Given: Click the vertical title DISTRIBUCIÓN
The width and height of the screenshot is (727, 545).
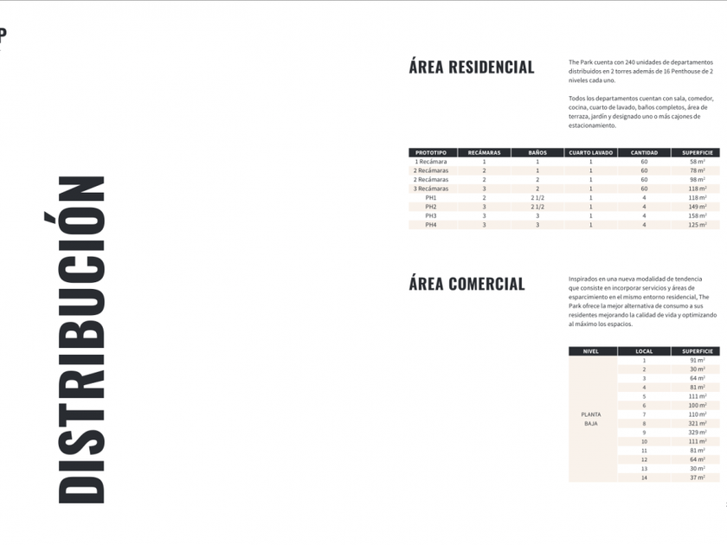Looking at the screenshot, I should click(81, 339).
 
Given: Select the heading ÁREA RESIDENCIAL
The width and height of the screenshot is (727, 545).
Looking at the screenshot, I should click(472, 67).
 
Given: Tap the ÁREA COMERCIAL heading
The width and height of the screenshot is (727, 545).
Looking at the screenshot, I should click(466, 284).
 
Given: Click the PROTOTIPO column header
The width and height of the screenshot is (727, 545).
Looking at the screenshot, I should click(431, 152).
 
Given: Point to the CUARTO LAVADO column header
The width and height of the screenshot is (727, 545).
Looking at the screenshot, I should click(591, 152).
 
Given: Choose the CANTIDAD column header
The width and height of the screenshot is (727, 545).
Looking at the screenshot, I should click(644, 152).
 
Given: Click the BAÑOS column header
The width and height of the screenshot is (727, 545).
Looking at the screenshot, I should click(537, 152).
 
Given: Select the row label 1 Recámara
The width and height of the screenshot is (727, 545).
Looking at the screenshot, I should click(431, 162).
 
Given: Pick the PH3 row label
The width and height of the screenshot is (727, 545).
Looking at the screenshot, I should click(431, 216).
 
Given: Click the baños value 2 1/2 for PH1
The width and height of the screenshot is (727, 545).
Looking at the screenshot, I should click(537, 198).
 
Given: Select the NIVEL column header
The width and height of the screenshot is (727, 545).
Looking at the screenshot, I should click(591, 351).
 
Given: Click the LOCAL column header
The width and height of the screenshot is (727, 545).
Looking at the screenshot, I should click(644, 351).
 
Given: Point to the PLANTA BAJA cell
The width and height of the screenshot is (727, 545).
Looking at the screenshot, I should click(591, 419).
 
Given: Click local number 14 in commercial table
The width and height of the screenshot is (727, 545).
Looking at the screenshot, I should click(644, 478).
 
